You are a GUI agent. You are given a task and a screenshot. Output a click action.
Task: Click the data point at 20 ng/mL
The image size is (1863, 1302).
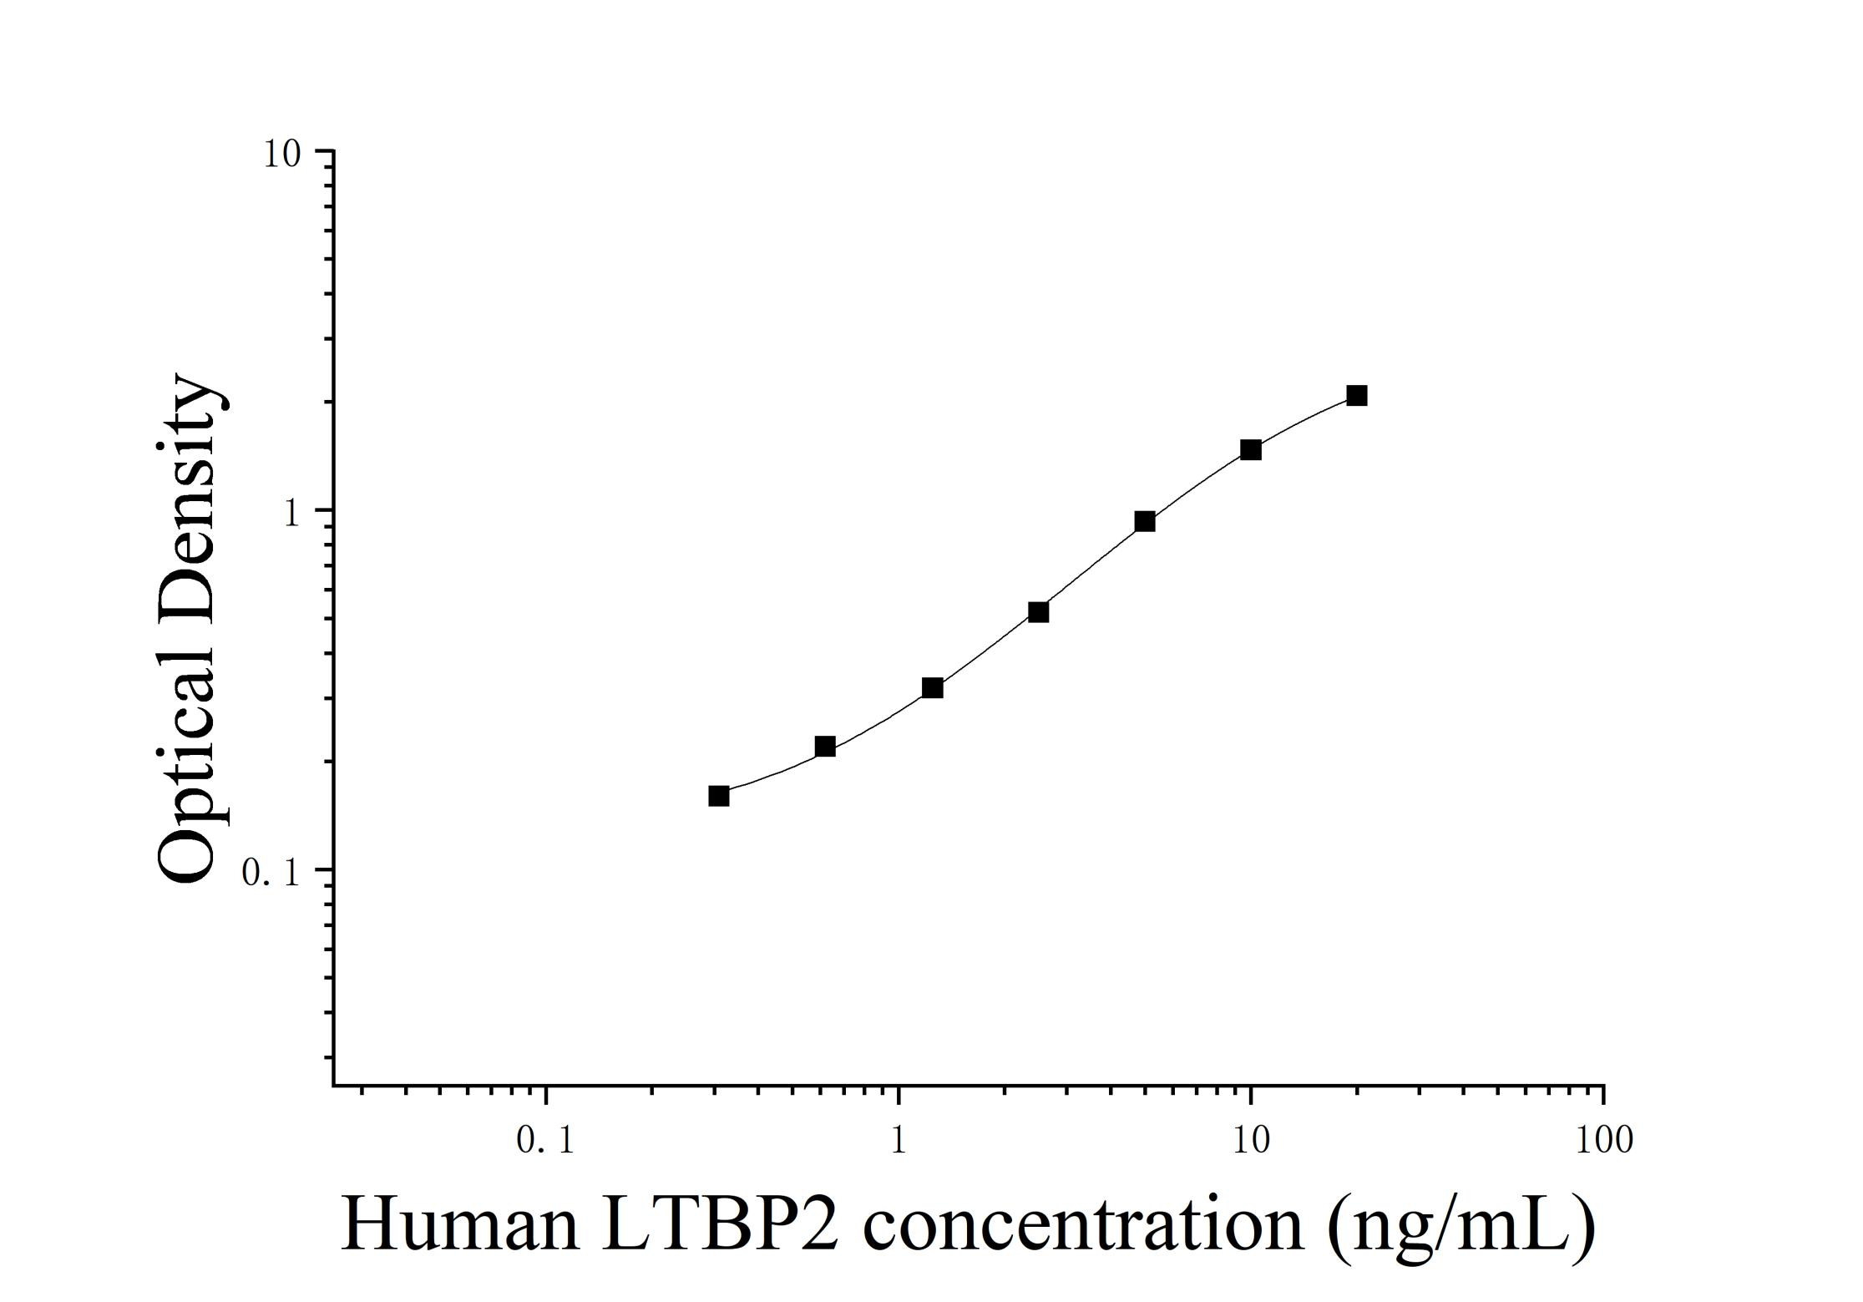coord(1357,396)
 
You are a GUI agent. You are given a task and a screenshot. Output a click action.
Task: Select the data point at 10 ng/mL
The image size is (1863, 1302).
coord(1250,450)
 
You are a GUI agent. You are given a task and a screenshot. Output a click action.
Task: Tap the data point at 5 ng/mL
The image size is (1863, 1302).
coord(1145,522)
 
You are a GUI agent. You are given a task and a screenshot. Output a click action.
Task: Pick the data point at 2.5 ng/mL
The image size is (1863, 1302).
coord(1038,612)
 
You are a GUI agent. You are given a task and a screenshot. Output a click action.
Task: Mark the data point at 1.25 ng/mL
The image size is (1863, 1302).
coord(933,688)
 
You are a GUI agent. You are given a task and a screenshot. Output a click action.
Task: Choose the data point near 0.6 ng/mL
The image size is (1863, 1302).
coord(825,747)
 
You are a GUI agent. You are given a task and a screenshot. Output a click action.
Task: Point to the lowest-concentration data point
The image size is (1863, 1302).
coord(719,796)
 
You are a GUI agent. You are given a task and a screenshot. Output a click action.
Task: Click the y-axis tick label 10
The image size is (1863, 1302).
coord(281,155)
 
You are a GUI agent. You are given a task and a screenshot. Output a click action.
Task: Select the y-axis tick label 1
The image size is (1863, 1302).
coord(291,514)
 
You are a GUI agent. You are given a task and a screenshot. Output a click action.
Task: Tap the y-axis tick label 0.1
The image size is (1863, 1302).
coord(270,874)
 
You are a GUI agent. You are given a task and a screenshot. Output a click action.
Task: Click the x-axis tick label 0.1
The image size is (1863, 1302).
coord(545,1141)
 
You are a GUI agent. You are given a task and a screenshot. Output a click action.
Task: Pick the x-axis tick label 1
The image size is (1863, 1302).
coord(899,1141)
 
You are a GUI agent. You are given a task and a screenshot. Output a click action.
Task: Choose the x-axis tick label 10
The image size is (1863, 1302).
coord(1251,1141)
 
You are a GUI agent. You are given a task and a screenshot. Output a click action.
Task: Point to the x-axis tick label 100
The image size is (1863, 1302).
coord(1604,1141)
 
